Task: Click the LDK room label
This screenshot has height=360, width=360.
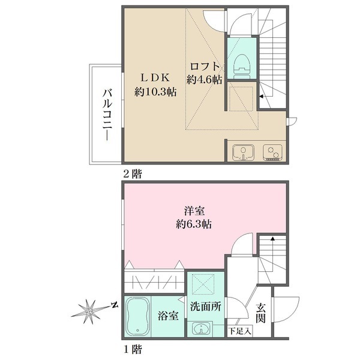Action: click(x=155, y=78)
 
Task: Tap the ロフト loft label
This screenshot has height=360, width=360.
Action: click(x=205, y=67)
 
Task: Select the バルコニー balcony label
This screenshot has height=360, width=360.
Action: click(x=107, y=115)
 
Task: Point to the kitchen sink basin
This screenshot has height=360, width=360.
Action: click(x=243, y=152)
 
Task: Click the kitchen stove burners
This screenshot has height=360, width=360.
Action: click(x=272, y=152)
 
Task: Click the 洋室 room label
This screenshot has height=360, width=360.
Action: click(x=194, y=211)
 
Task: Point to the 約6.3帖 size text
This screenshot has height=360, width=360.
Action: click(x=194, y=224)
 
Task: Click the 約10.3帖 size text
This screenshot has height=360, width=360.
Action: click(x=155, y=92)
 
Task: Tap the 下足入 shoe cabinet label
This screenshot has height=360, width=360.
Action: click(x=240, y=331)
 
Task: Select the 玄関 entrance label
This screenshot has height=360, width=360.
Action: click(x=261, y=313)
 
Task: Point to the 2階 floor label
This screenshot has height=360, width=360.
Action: click(x=133, y=174)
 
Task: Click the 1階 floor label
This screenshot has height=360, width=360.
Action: click(x=133, y=349)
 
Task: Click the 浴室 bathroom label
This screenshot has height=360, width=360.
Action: click(x=168, y=316)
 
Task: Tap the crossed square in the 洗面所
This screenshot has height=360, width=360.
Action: click(x=203, y=284)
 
